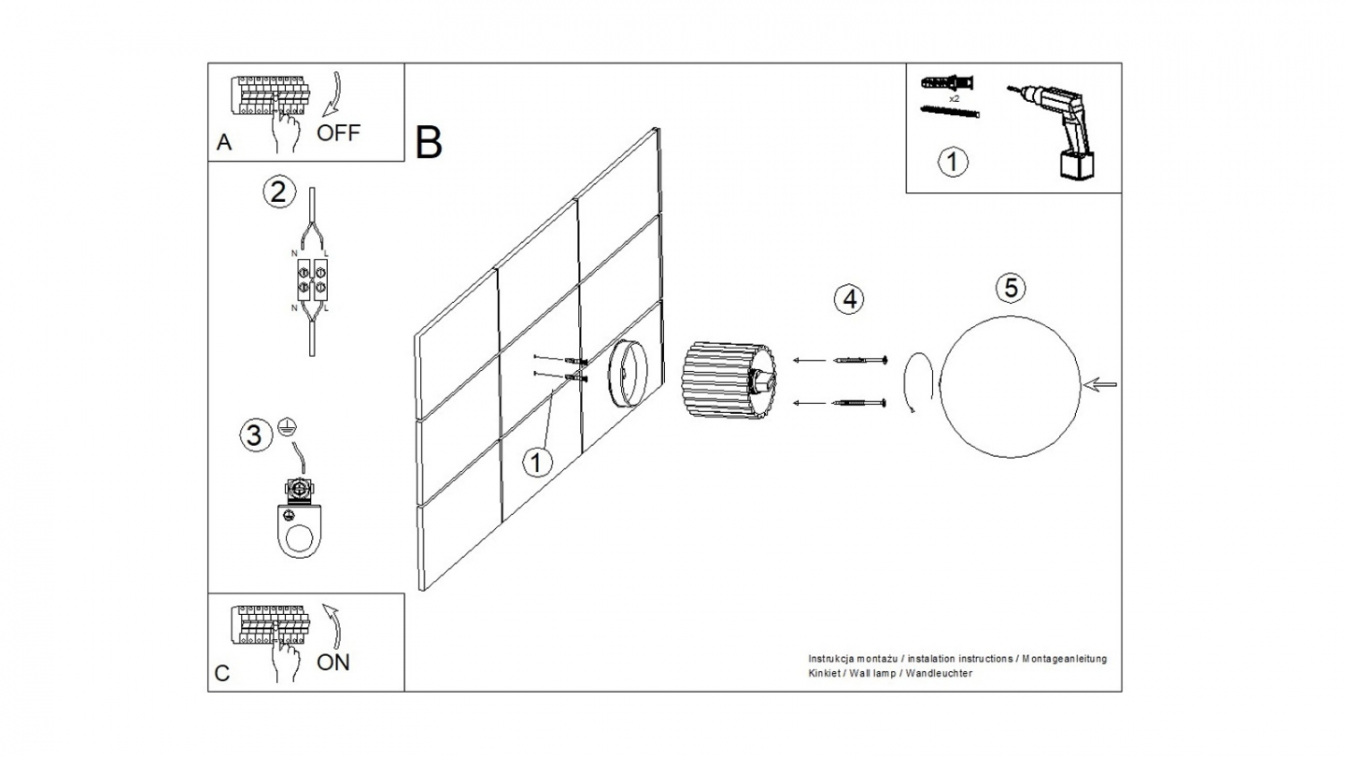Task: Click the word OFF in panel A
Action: point(337,132)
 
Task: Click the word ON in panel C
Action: point(333,663)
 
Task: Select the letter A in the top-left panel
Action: point(223,143)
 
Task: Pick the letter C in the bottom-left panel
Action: point(222,674)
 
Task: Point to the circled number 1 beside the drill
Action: point(952,162)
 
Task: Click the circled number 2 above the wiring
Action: point(277,193)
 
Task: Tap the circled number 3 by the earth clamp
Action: point(251,435)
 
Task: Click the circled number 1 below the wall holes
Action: point(536,462)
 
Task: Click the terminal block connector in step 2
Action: point(311,279)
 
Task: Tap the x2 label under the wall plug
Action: point(954,97)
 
